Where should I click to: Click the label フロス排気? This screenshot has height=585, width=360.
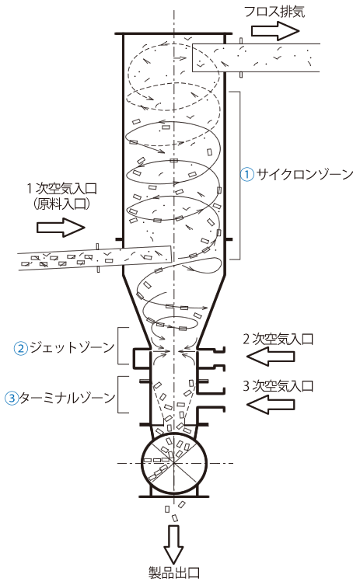pos(274,11)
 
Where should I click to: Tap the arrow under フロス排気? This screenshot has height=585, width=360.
pos(275,30)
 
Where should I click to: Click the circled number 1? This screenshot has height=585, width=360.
pos(246,174)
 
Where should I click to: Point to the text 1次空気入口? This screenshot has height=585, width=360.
pos(61,189)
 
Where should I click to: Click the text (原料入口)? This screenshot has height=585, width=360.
pos(61,204)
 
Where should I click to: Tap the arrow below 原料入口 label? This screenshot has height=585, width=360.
pos(61,228)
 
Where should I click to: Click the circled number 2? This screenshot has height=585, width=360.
pos(21,348)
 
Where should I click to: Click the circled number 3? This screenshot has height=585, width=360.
pos(12,398)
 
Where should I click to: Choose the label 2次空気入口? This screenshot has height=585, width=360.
pos(278,339)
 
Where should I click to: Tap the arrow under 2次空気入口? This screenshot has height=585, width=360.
pos(271,357)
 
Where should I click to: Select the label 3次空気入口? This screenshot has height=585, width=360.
pos(278,386)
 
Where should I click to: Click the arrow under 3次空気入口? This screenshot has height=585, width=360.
pos(271,405)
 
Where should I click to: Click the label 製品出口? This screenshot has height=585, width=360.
pos(174,573)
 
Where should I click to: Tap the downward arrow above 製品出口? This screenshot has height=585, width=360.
pos(173,545)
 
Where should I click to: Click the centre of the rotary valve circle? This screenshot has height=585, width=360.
pos(174,463)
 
